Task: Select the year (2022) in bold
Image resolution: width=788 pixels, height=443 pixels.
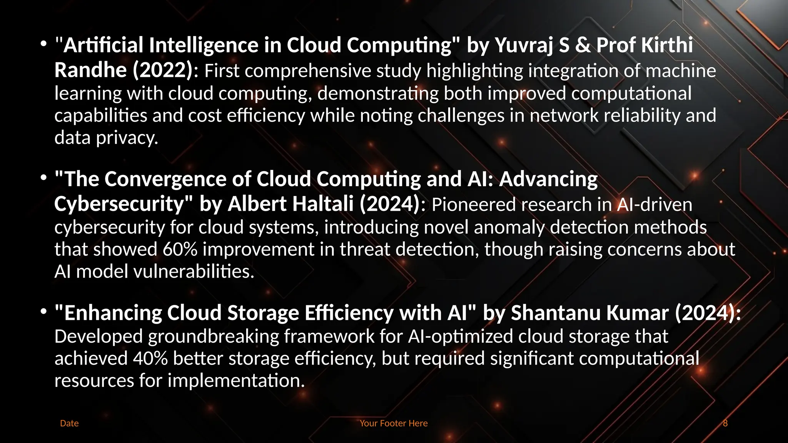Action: (162, 70)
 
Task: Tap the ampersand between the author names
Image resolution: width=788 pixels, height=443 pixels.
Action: (583, 45)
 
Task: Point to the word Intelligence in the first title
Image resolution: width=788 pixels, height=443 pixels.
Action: (204, 45)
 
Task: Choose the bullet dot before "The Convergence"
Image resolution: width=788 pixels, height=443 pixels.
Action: (44, 178)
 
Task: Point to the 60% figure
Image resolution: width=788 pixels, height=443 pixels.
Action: (180, 250)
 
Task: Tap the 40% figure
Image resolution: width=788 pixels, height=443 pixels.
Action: (150, 359)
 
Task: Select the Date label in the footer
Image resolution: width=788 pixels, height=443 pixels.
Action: (69, 423)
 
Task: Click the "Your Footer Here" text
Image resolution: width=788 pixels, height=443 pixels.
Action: (394, 423)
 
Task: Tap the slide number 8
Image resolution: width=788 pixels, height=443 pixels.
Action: (725, 423)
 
